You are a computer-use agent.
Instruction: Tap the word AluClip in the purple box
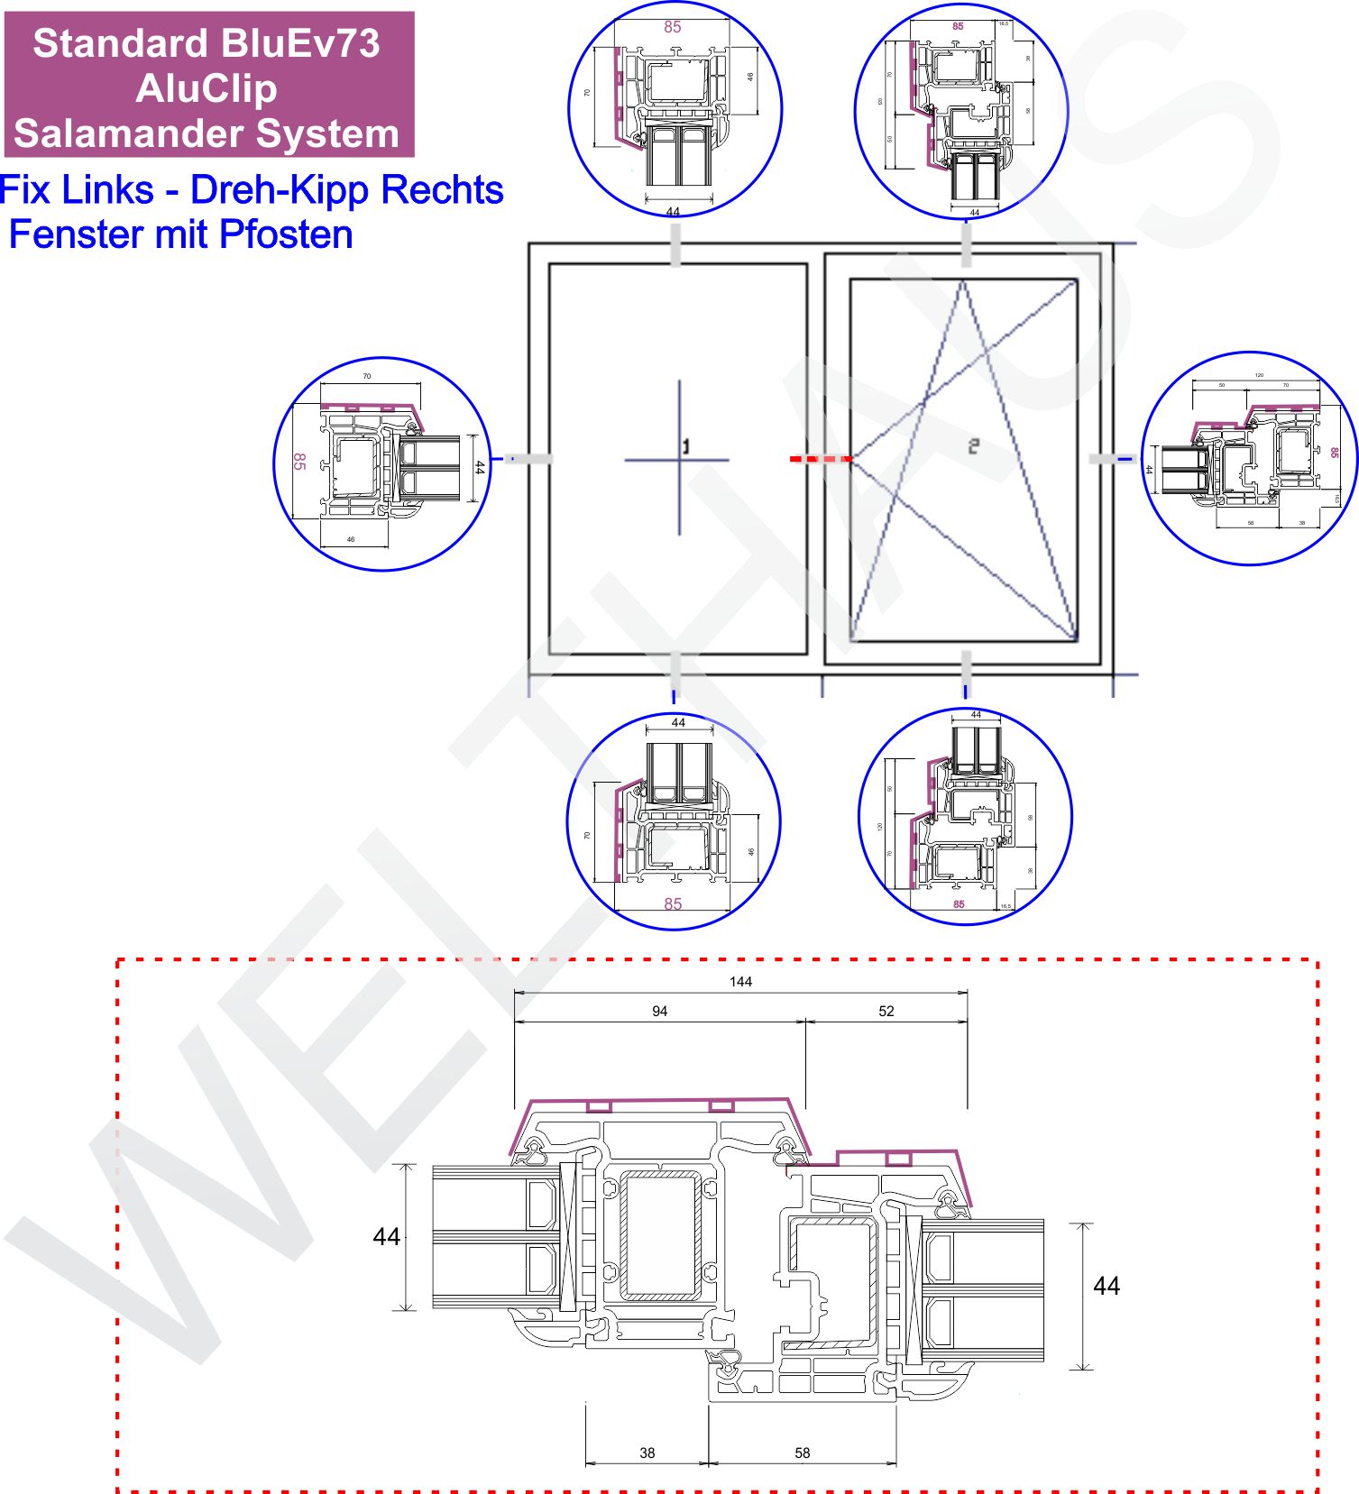(207, 88)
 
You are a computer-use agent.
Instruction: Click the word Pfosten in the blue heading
(286, 234)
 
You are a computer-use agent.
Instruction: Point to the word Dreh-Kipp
(280, 190)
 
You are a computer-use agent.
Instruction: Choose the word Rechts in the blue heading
(442, 190)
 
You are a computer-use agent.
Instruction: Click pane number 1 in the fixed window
(686, 446)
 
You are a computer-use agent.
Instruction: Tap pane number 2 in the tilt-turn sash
(973, 445)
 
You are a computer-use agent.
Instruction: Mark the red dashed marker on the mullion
(821, 459)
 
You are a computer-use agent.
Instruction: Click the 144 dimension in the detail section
(740, 982)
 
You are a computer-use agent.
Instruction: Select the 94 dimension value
(659, 1012)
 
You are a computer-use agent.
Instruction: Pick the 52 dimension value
(886, 1012)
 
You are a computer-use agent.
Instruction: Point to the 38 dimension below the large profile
(647, 1453)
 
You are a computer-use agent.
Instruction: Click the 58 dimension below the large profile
(803, 1453)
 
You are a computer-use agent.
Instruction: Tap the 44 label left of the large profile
(386, 1237)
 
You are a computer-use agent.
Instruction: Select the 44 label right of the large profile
(1106, 1286)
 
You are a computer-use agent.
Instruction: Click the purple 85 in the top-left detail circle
(673, 27)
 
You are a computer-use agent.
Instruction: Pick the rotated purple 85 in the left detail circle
(299, 462)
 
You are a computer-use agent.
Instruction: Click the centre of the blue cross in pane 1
(679, 460)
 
